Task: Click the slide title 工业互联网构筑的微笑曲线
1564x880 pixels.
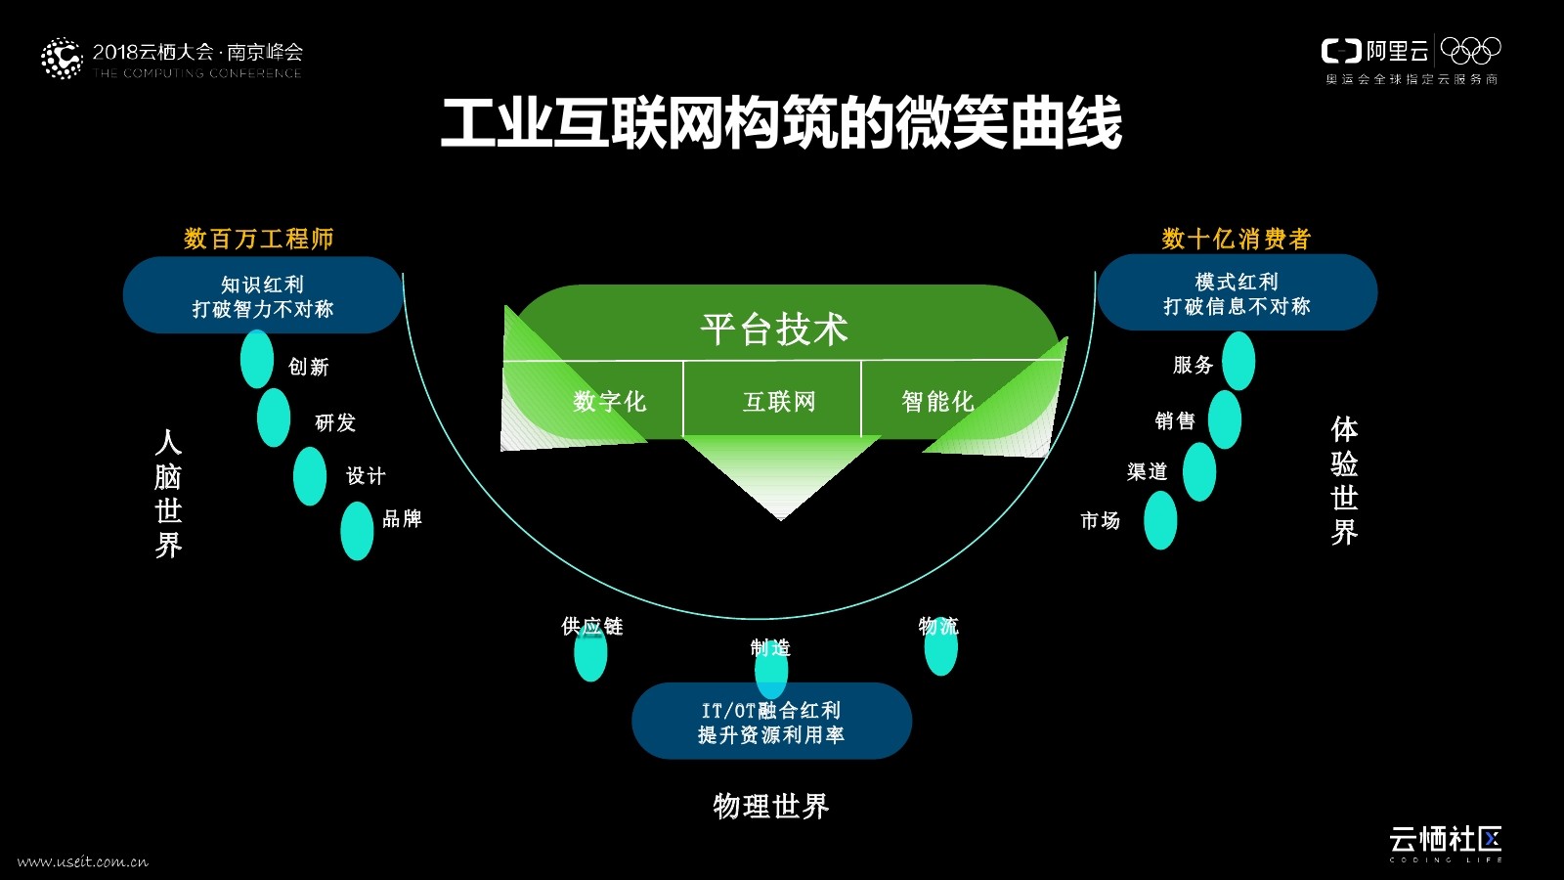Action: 780,124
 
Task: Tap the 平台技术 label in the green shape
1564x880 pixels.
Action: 774,329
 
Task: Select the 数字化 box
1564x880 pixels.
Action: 608,401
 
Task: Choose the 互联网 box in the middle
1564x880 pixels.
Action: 778,401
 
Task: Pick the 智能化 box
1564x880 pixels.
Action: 936,401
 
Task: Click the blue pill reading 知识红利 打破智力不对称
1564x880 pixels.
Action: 262,295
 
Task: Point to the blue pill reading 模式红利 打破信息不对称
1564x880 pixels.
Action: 1237,292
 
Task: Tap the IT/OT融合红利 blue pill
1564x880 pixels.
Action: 771,722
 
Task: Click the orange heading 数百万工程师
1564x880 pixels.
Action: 258,239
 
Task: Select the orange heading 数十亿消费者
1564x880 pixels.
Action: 1236,239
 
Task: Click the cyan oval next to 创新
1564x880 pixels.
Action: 257,359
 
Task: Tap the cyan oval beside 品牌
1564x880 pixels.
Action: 357,531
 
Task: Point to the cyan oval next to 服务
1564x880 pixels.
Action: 1238,361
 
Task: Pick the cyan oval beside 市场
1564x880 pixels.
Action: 1160,520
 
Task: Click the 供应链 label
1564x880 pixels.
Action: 591,626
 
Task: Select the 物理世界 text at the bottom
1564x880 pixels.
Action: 770,806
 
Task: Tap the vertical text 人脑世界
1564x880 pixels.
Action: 168,494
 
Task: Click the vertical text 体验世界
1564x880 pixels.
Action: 1344,481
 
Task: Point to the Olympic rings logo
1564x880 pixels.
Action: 1470,50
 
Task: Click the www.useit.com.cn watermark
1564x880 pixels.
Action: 83,861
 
